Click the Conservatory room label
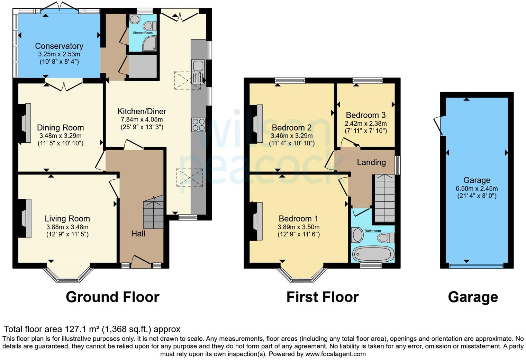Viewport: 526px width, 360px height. (59, 46)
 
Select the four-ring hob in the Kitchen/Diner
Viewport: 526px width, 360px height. (198, 125)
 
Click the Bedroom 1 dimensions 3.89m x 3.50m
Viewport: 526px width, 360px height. (298, 227)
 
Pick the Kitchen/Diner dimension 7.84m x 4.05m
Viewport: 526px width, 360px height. (142, 119)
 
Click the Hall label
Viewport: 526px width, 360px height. (138, 234)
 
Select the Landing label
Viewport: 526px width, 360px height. (371, 162)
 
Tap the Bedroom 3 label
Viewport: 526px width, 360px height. (365, 115)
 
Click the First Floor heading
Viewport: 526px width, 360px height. (322, 297)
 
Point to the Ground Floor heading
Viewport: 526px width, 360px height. (112, 297)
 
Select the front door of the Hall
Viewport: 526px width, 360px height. (141, 262)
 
